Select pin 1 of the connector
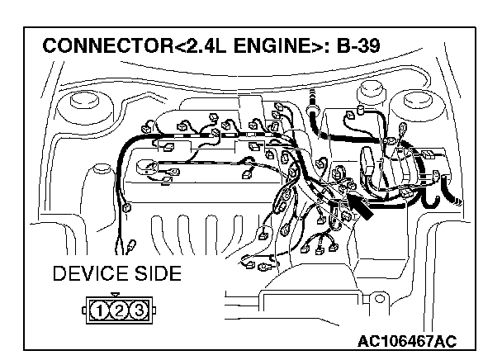click(99, 311)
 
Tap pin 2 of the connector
click(118, 311)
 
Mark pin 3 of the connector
click(137, 311)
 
